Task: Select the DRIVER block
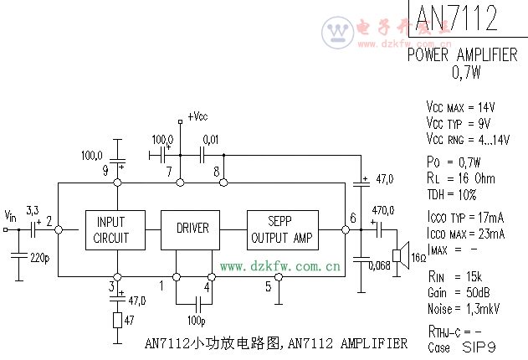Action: coord(192,229)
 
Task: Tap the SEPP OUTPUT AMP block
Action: coord(283,229)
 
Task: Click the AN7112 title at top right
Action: coord(456,18)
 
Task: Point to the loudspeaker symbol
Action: coord(399,255)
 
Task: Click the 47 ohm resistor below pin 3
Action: coord(117,320)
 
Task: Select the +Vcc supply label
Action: coord(198,116)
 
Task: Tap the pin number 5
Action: coord(268,287)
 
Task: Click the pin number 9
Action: coord(105,171)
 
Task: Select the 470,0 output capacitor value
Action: coord(383,210)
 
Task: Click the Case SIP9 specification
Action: coord(463,345)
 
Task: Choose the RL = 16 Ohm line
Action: coord(460,178)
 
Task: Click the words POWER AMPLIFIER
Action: coord(462,54)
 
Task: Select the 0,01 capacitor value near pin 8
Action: coord(210,138)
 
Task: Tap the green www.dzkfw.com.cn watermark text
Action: coord(280,267)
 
